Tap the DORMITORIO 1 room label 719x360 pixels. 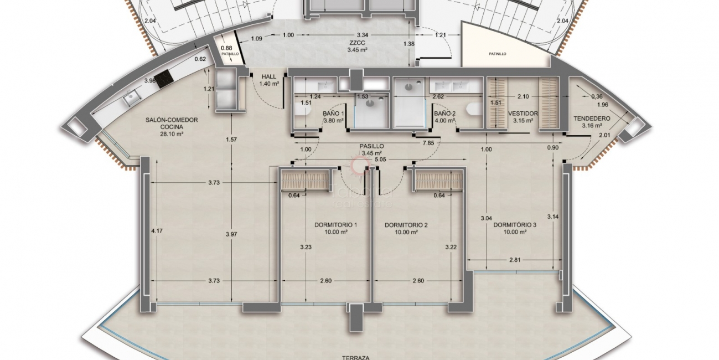pyautogui.click(x=335, y=225)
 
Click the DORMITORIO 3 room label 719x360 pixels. pyautogui.click(x=515, y=225)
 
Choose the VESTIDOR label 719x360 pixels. pyautogui.click(x=523, y=114)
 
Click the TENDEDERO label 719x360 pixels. pyautogui.click(x=592, y=119)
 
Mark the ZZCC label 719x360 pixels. pyautogui.click(x=356, y=42)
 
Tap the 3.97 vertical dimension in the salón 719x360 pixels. pyautogui.click(x=232, y=235)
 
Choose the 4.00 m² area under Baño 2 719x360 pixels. pyautogui.click(x=444, y=121)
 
